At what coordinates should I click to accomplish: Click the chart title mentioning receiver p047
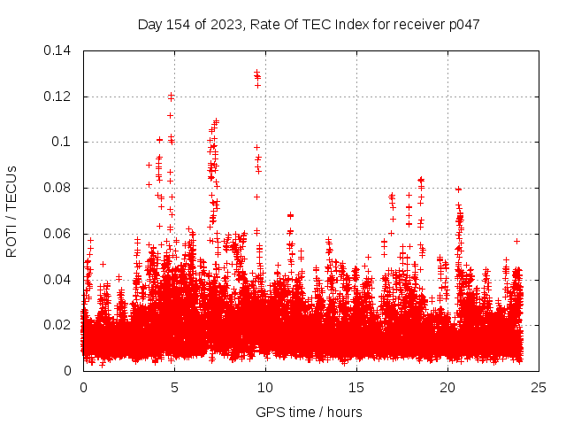[x=309, y=24]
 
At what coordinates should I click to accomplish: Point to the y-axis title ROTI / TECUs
[x=11, y=211]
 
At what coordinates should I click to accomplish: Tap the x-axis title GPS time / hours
[x=309, y=412]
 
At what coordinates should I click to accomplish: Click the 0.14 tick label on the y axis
[x=58, y=50]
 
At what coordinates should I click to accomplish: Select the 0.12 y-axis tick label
[x=58, y=96]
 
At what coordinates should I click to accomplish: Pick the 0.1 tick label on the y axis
[x=64, y=142]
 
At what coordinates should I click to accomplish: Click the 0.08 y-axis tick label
[x=58, y=188]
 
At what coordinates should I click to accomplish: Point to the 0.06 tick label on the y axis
[x=58, y=234]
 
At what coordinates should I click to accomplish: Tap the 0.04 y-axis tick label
[x=58, y=280]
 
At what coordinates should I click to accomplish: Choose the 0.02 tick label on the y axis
[x=58, y=325]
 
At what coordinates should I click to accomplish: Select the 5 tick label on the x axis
[x=174, y=388]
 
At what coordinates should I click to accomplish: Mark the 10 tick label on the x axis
[x=265, y=388]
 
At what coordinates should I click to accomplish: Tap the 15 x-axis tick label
[x=356, y=388]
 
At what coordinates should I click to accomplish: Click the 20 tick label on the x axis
[x=447, y=388]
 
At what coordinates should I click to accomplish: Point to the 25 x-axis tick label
[x=539, y=388]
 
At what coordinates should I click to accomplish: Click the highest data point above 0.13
[x=256, y=72]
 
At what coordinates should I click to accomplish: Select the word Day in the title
[x=150, y=24]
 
